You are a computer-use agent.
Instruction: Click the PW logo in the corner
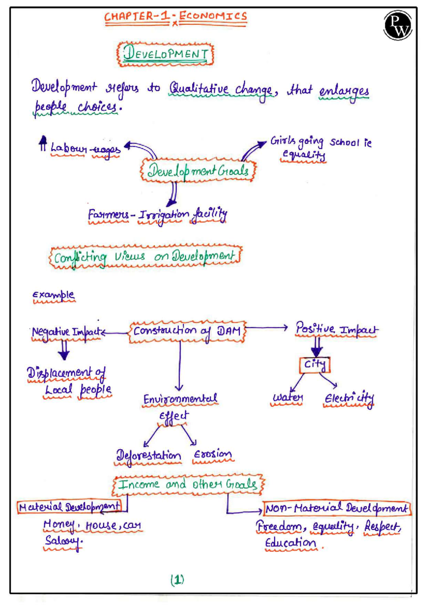[398, 26]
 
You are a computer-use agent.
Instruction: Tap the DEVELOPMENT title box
[165, 55]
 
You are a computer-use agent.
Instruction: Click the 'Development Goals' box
[198, 170]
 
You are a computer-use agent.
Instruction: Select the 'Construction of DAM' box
[187, 331]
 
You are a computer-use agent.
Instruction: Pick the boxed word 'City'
[315, 365]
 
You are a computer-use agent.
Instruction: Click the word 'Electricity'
[349, 398]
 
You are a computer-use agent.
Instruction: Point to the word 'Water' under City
[287, 397]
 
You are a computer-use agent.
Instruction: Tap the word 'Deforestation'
[148, 455]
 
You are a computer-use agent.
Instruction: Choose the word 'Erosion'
[213, 454]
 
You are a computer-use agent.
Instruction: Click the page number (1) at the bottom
[177, 580]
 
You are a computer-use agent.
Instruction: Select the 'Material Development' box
[69, 506]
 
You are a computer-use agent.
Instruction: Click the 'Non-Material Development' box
[337, 508]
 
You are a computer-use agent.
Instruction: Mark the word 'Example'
[53, 295]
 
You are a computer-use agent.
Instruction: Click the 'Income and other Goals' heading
[188, 485]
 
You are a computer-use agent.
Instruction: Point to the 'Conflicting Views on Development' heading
[145, 257]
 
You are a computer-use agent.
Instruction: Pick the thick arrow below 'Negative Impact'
[64, 350]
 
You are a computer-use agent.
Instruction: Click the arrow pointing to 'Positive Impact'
[266, 327]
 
